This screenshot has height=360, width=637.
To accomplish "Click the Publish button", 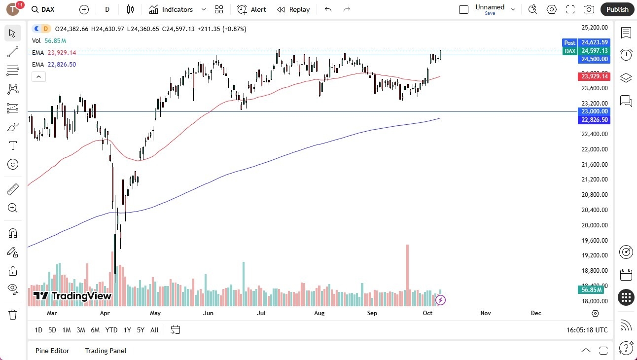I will [617, 9].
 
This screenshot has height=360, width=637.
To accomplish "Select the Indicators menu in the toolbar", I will [171, 9].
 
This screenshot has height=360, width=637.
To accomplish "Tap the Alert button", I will [251, 9].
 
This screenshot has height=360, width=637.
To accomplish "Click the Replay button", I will [293, 9].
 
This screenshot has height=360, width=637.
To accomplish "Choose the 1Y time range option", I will [127, 330].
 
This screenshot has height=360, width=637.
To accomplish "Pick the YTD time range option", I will [111, 330].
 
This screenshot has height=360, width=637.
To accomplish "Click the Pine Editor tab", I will [52, 351].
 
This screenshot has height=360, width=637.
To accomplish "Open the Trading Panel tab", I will [106, 351].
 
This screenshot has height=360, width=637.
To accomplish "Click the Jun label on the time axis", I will [208, 313].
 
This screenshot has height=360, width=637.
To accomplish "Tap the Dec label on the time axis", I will [536, 313].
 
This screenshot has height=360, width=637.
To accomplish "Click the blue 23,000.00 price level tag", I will [594, 111].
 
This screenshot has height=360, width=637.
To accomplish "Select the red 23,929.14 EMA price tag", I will [594, 76].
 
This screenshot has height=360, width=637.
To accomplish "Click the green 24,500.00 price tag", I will [594, 59].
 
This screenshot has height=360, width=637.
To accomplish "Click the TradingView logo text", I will [72, 296].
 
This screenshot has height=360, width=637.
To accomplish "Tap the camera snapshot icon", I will [589, 9].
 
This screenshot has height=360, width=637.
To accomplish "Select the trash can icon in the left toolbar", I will [13, 314].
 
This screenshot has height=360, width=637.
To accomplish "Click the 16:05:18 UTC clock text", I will [587, 330].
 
